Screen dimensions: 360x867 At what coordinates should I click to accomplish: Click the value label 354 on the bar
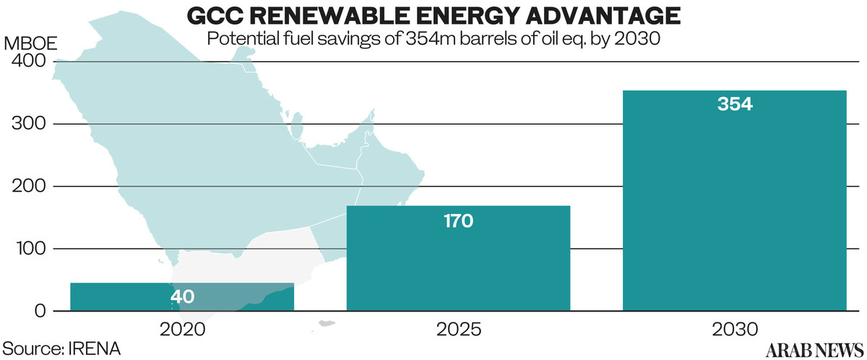(x=735, y=104)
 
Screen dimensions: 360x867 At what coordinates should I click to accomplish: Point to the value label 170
(x=458, y=220)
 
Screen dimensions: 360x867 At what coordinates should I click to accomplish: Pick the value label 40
(x=182, y=296)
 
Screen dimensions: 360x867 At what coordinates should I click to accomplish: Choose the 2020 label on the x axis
(x=182, y=330)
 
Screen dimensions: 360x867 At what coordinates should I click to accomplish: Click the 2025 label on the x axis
(x=458, y=330)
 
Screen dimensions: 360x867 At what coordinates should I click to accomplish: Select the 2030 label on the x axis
(x=734, y=330)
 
